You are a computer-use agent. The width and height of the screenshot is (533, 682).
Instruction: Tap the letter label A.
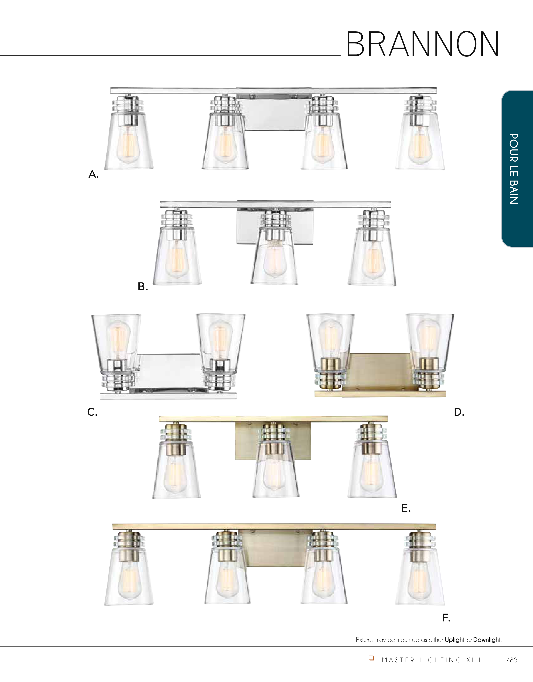93,174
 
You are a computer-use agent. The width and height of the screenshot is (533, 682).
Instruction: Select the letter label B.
143,286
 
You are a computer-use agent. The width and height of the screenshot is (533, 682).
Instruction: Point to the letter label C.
92,412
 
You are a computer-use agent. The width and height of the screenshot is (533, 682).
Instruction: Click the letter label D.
459,412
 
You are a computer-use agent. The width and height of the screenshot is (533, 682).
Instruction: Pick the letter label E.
406,508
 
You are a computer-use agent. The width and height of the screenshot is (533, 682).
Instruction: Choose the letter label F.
446,617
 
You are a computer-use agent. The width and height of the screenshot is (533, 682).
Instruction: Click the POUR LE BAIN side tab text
514,169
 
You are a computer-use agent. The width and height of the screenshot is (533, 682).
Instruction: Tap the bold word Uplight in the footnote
455,640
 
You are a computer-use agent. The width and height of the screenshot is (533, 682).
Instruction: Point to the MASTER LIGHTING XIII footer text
431,660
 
